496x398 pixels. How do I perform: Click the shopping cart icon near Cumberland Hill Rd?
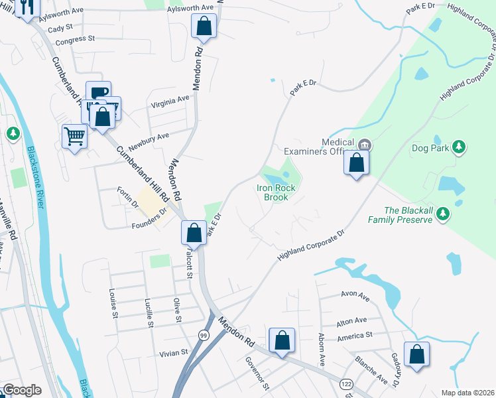tap(74, 137)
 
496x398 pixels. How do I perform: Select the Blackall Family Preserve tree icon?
tap(446, 214)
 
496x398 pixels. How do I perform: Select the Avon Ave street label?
tap(355, 295)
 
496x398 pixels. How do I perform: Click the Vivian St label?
tap(174, 354)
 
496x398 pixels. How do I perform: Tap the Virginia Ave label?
tap(170, 102)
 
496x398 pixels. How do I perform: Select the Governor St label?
tap(256, 373)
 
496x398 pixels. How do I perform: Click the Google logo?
tap(22, 390)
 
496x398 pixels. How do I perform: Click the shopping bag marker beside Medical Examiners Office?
tap(356, 162)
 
